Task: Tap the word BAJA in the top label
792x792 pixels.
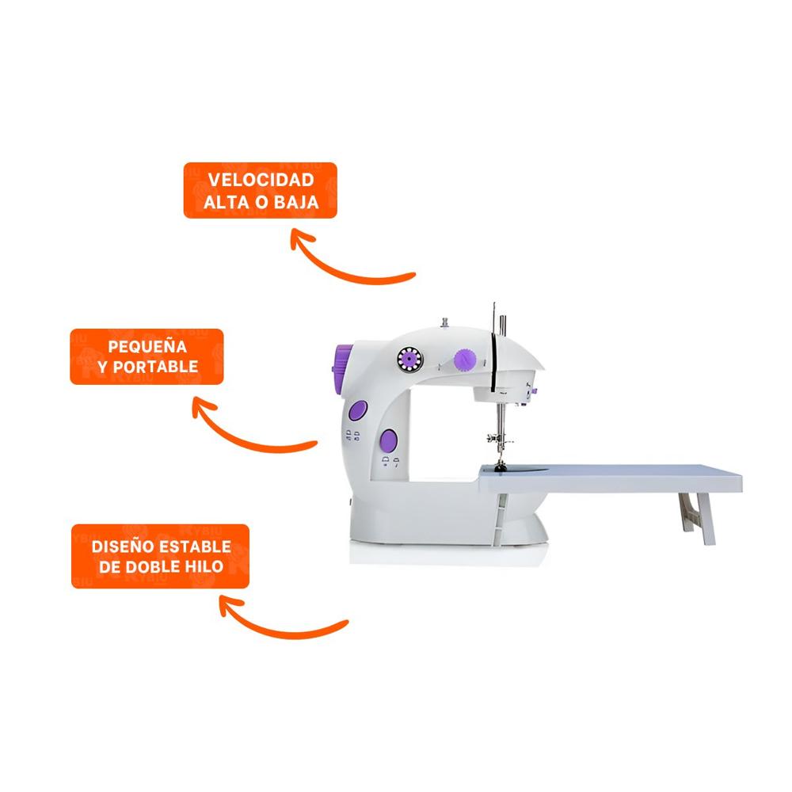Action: pyautogui.click(x=297, y=202)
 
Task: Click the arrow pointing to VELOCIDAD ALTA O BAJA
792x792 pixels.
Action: pyautogui.click(x=348, y=261)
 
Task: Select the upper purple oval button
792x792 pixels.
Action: pyautogui.click(x=358, y=409)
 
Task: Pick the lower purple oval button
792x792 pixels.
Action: pyautogui.click(x=388, y=440)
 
